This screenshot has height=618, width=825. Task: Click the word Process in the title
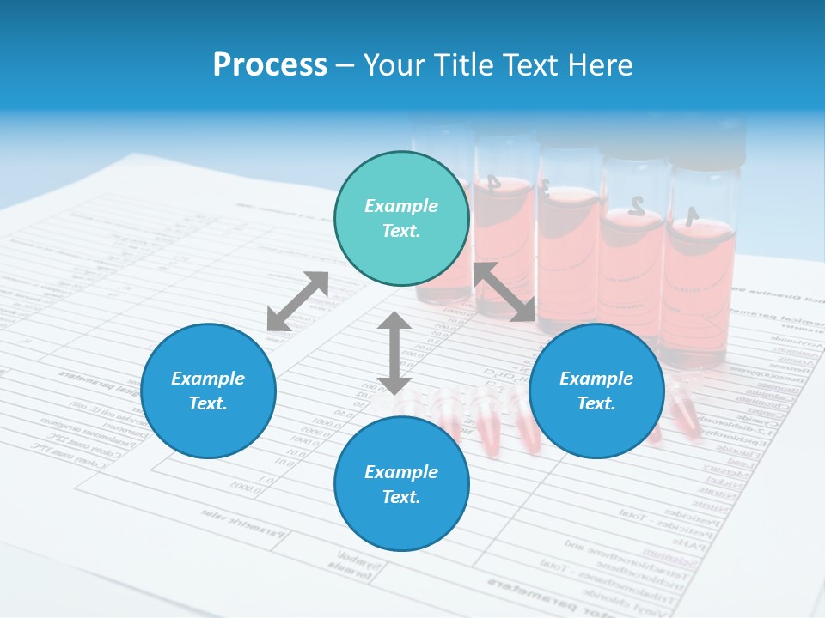pyautogui.click(x=270, y=65)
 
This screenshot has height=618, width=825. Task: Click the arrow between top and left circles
pyautogui.click(x=297, y=300)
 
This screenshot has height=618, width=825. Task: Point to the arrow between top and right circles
pyautogui.click(x=504, y=292)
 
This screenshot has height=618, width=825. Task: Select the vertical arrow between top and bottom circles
pyautogui.click(x=394, y=353)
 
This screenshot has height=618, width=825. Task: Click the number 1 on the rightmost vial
pyautogui.click(x=690, y=217)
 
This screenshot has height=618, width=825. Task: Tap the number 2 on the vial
pyautogui.click(x=636, y=204)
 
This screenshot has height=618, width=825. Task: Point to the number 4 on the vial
pyautogui.click(x=492, y=182)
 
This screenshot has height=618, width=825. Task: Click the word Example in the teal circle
pyautogui.click(x=401, y=206)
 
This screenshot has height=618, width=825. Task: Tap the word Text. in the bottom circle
pyautogui.click(x=401, y=497)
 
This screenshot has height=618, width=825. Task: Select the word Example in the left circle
pyautogui.click(x=208, y=379)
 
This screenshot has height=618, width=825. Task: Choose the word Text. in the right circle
pyautogui.click(x=596, y=403)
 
